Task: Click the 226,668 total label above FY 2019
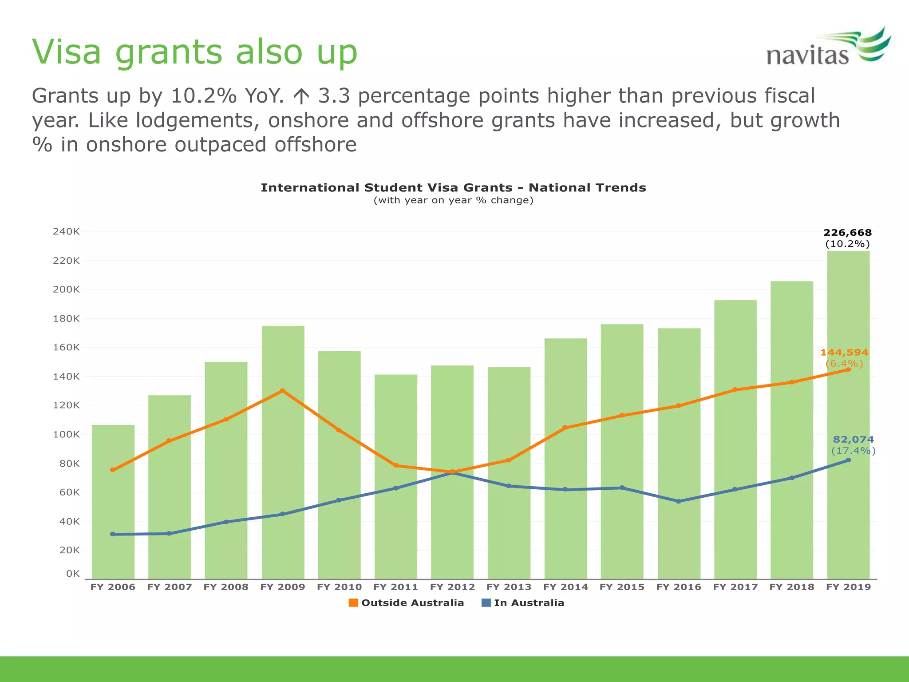point(847,233)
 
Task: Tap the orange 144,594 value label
point(844,353)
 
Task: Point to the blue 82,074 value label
point(853,440)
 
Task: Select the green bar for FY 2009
point(283,466)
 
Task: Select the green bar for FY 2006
point(113,511)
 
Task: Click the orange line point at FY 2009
point(282,391)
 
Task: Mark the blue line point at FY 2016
point(678,501)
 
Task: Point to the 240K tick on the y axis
point(66,231)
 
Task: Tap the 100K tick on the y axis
point(66,434)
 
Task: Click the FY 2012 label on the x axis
point(452,587)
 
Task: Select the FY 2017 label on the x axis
point(735,587)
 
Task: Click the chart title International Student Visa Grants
point(453,188)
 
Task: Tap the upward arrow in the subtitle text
point(301,96)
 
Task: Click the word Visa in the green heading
point(67,52)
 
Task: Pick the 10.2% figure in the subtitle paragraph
point(203,96)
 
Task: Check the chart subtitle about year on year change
point(453,200)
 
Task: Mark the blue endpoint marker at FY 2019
point(848,460)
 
